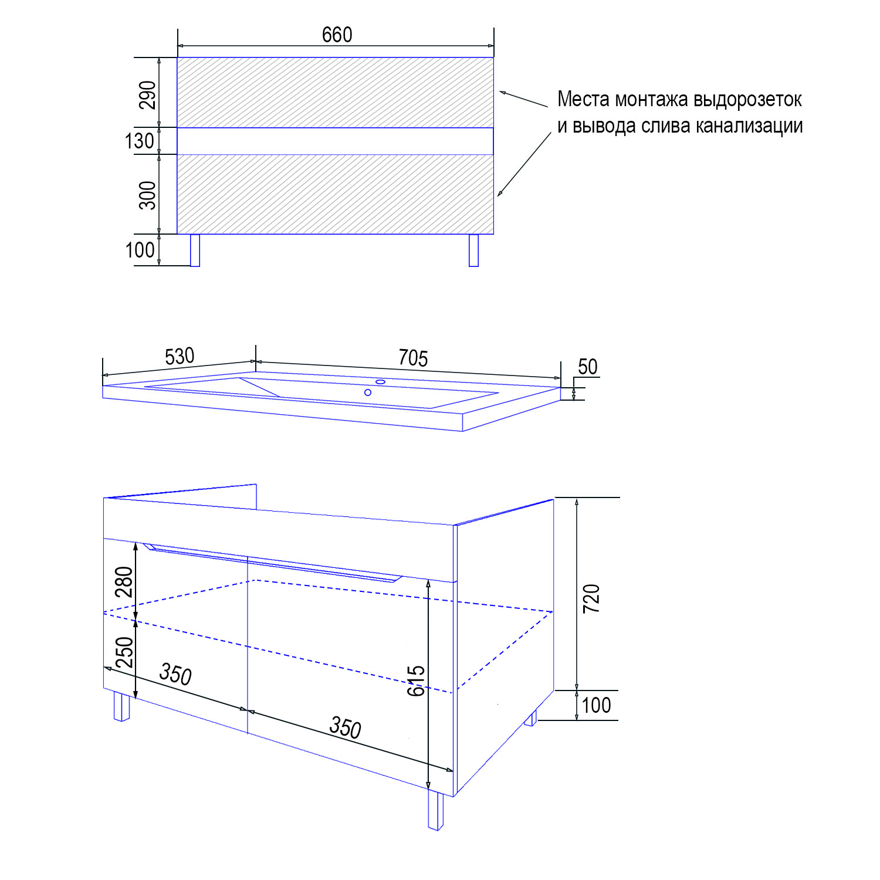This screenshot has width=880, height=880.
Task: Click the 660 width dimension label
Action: (x=337, y=35)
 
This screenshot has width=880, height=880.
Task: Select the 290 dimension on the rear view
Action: (x=148, y=95)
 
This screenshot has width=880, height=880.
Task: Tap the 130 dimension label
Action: (x=140, y=141)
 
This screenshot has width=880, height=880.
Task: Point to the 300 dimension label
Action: (x=148, y=195)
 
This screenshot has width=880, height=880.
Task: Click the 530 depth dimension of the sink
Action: (x=180, y=357)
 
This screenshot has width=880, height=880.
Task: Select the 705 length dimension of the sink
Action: (x=413, y=358)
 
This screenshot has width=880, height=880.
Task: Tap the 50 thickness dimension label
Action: (x=588, y=367)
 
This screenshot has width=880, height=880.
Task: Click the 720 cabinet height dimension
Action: (x=591, y=598)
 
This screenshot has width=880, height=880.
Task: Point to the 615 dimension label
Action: (x=416, y=681)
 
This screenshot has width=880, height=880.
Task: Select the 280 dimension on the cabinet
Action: (x=124, y=582)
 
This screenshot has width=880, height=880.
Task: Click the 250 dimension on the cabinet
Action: (x=124, y=652)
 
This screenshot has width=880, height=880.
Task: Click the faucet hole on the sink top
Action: (x=380, y=382)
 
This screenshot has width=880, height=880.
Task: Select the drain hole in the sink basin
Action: (x=368, y=392)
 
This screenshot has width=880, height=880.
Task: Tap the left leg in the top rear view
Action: (x=195, y=251)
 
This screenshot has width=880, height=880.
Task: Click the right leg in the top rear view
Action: (x=473, y=251)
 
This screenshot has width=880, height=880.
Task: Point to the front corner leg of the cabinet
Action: (x=435, y=811)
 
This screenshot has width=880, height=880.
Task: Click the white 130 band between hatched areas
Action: (x=335, y=141)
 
